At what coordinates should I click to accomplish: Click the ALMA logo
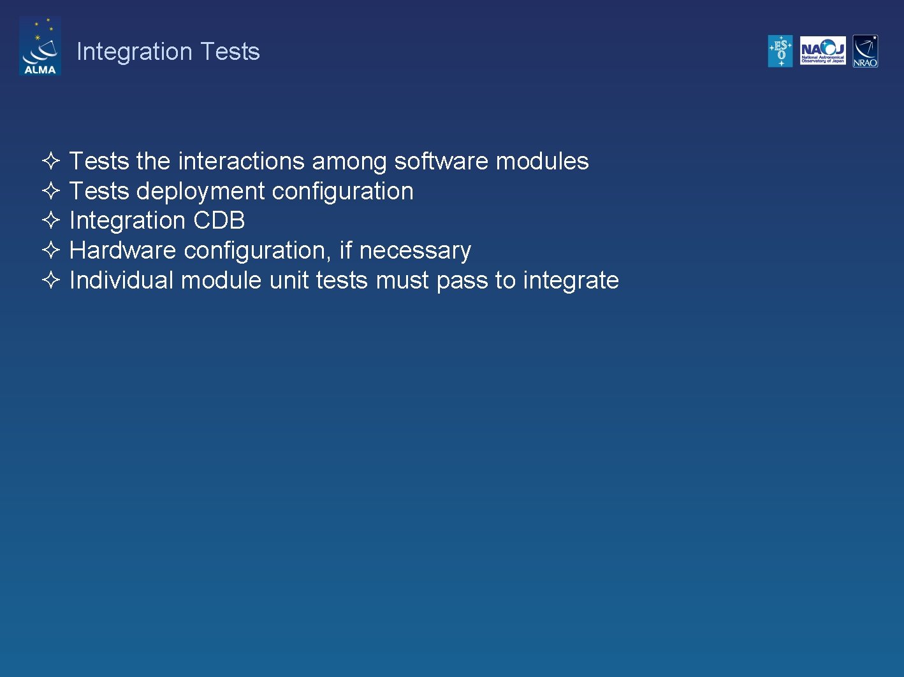click(40, 46)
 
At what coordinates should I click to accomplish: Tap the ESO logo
click(780, 51)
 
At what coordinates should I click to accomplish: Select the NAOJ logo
click(822, 51)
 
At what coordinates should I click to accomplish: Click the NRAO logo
click(865, 51)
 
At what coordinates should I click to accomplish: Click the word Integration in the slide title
click(134, 52)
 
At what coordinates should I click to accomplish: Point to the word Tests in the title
click(230, 52)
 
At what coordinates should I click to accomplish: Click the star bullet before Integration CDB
click(51, 220)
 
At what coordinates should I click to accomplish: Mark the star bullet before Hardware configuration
click(51, 250)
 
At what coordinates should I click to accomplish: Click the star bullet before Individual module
click(51, 280)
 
